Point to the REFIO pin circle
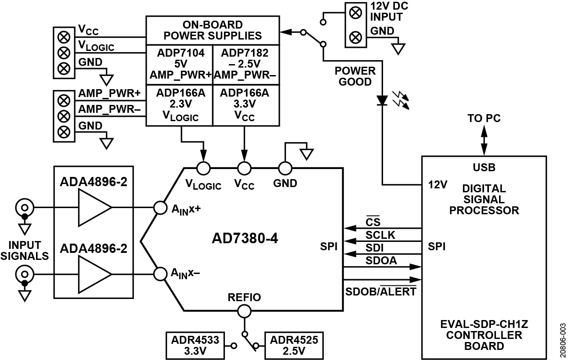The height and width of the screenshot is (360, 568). click(x=244, y=311)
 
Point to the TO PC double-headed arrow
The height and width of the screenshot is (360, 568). click(x=484, y=140)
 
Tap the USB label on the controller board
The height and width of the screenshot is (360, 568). click(x=483, y=167)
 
